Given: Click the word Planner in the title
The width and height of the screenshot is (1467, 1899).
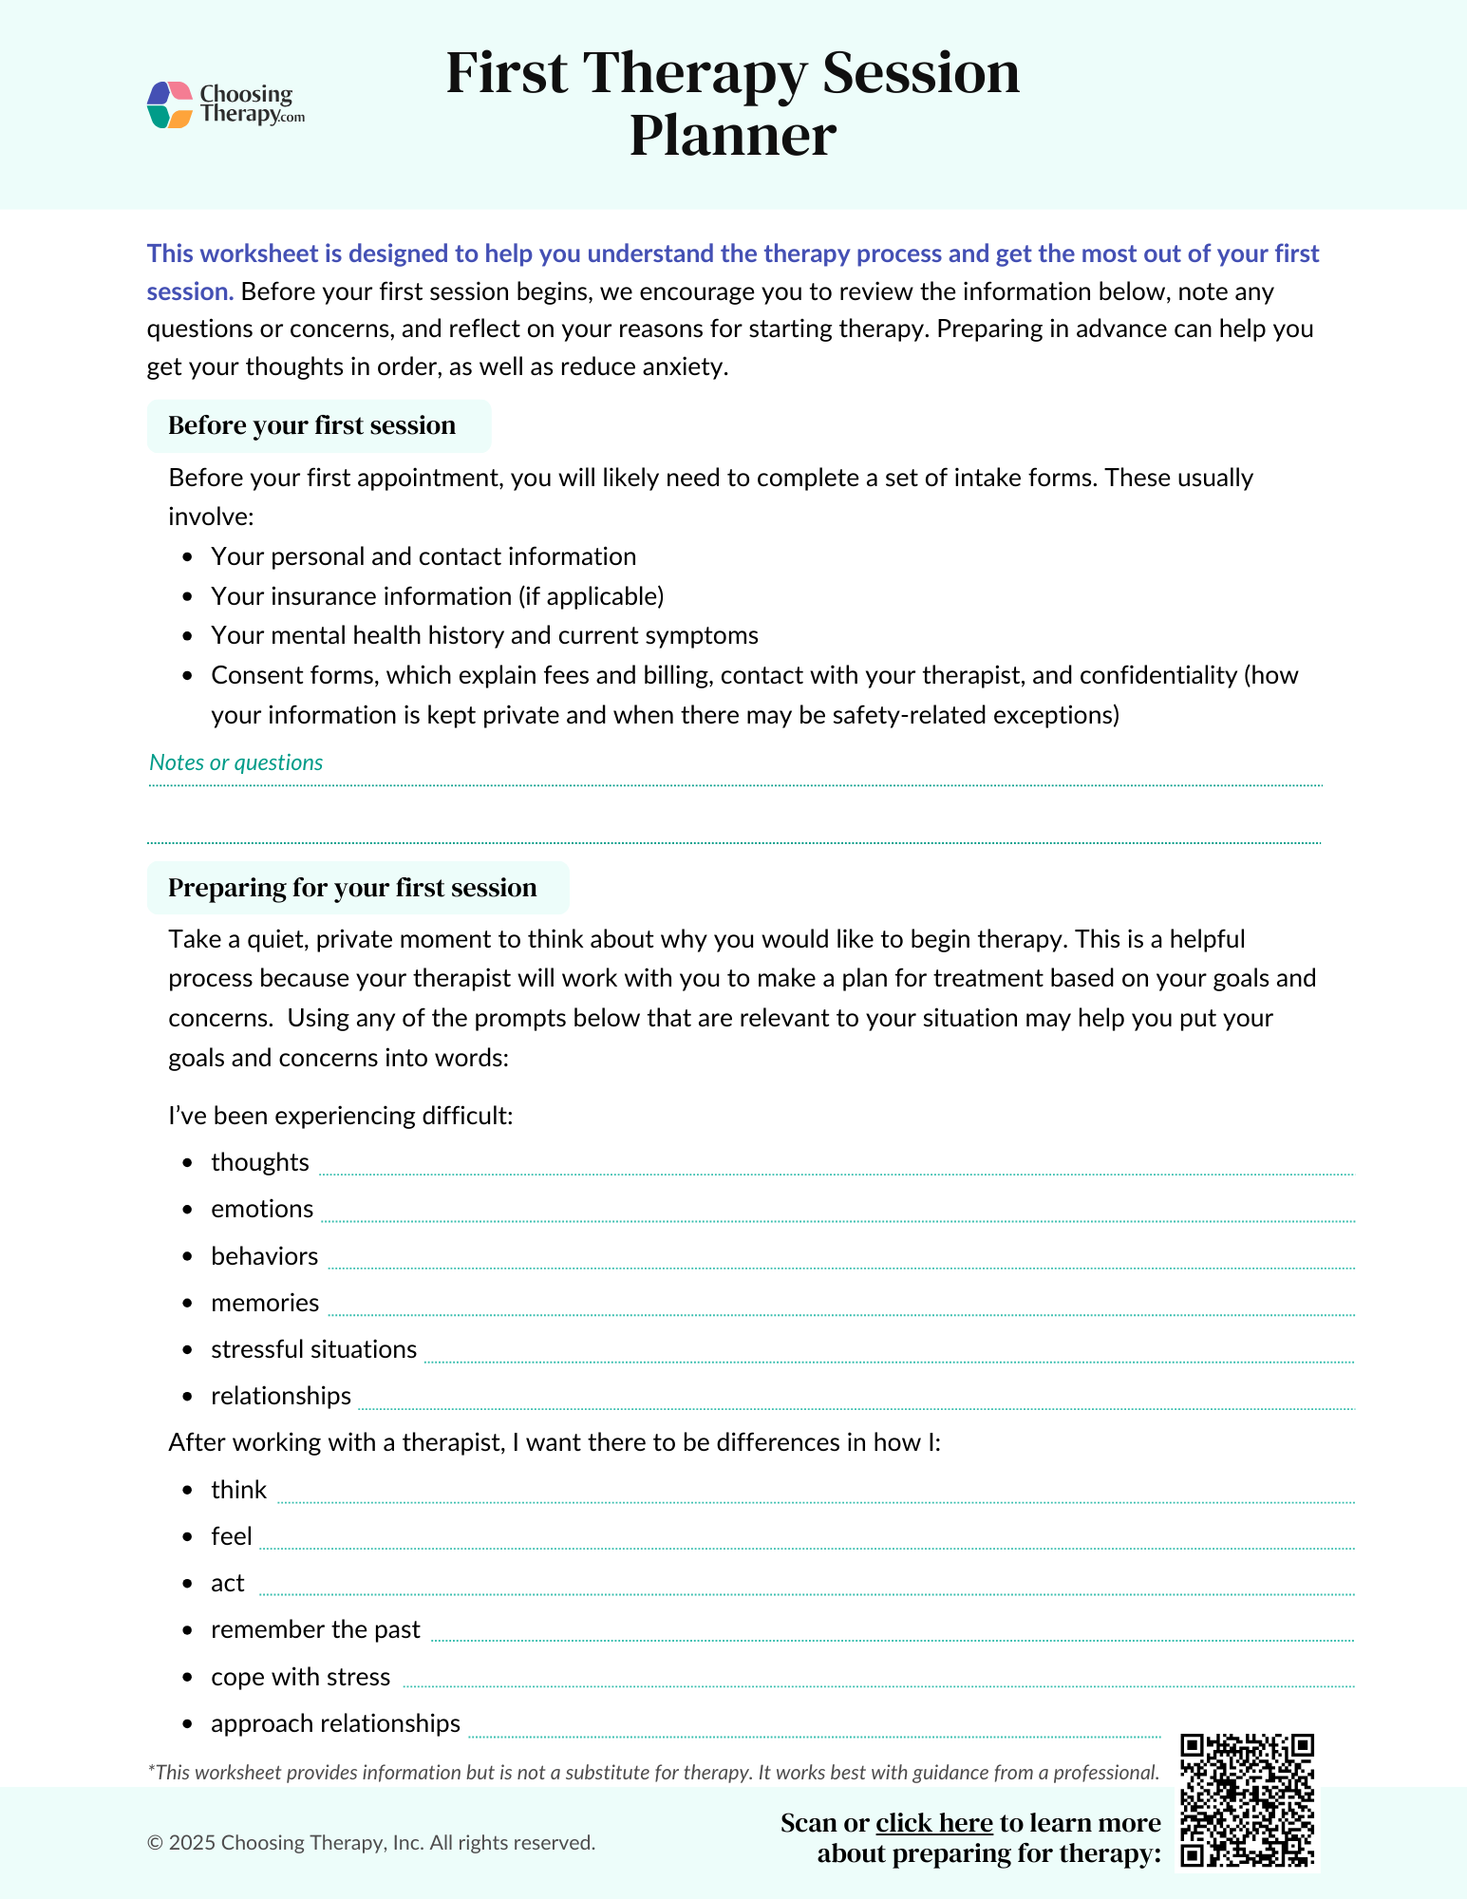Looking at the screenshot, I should point(732,136).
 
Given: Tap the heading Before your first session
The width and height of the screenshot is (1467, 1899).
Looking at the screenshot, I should point(311,425).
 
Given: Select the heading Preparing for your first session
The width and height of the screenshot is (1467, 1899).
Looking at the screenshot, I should point(352,888).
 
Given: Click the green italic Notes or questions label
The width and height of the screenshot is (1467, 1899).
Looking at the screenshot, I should point(235,762).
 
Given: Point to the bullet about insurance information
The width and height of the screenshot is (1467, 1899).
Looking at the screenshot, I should point(437,596).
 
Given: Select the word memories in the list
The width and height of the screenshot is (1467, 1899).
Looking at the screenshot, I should point(265,1303).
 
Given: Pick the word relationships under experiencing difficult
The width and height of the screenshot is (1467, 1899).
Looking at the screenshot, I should point(281,1396).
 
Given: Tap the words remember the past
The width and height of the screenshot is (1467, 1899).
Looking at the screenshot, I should point(315,1629).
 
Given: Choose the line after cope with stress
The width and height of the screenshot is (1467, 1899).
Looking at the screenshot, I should point(878,1683).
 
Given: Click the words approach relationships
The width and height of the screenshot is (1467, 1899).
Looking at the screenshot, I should point(335,1723).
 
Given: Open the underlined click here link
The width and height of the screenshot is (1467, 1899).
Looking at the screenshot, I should point(933,1823).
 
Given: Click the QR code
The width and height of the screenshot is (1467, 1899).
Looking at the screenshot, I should point(1247,1800).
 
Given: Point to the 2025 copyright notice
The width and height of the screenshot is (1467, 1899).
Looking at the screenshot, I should point(371,1843).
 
